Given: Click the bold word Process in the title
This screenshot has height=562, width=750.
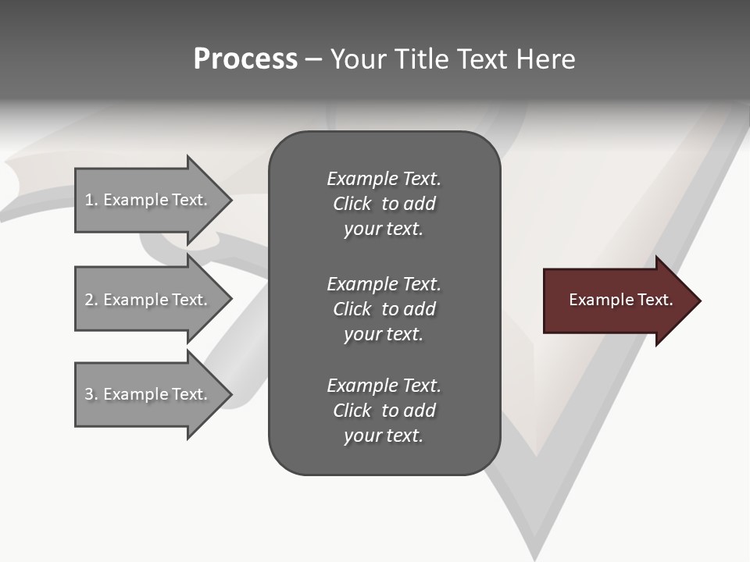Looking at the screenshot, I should (245, 59).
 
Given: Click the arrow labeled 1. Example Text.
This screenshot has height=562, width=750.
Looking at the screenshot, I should (148, 200).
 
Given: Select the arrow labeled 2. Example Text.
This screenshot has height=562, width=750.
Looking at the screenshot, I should (148, 300).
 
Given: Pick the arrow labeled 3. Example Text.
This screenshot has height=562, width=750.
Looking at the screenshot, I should (148, 394).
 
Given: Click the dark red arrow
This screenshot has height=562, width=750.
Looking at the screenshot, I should (617, 301).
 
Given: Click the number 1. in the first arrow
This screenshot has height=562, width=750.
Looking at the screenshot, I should (91, 200).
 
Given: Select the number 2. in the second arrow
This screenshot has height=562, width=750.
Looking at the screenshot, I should (91, 300).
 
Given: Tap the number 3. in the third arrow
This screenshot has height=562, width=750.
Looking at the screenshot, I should (91, 394).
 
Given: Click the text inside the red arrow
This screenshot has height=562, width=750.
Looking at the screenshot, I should (620, 300).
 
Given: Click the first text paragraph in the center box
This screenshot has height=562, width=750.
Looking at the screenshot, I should (384, 204).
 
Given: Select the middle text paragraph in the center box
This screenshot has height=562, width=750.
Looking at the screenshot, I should (384, 309).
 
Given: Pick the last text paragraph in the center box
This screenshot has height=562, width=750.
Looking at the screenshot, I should (384, 411).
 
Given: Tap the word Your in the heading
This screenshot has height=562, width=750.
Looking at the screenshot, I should (359, 59).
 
